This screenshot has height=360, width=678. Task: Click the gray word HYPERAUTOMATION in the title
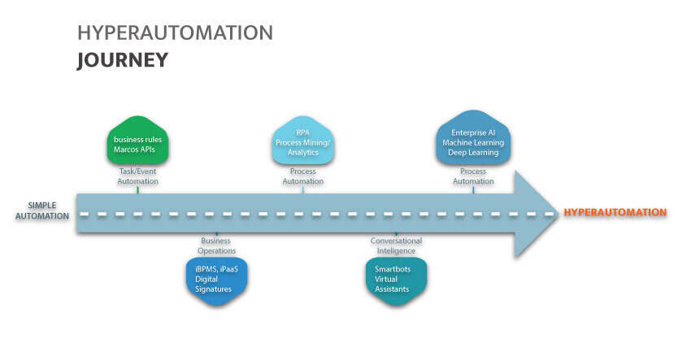pyautogui.click(x=175, y=33)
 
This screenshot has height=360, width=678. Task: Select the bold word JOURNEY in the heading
pyautogui.click(x=123, y=59)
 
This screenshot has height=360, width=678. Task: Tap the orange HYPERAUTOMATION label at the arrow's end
pyautogui.click(x=615, y=213)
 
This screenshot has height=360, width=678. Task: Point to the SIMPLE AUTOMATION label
pyautogui.click(x=42, y=210)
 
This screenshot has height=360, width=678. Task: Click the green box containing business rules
pyautogui.click(x=137, y=143)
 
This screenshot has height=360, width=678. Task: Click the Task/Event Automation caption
pyautogui.click(x=137, y=176)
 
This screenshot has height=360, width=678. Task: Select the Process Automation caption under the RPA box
pyautogui.click(x=302, y=176)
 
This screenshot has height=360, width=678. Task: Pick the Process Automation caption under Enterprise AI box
pyautogui.click(x=473, y=176)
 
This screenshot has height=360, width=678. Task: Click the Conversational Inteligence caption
pyautogui.click(x=396, y=246)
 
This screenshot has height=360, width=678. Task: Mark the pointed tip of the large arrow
pyautogui.click(x=555, y=214)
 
